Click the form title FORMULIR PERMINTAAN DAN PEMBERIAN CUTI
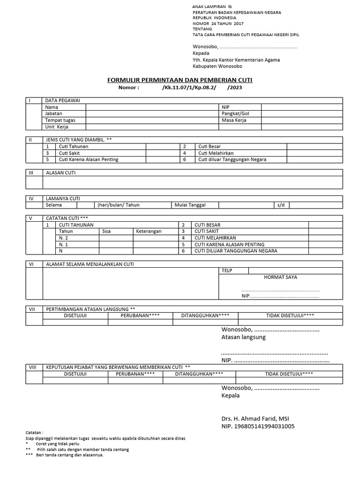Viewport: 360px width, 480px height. point(180,80)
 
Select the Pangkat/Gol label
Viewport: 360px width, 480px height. point(235,113)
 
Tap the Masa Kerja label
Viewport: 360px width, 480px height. point(234,120)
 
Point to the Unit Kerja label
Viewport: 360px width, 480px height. point(57,127)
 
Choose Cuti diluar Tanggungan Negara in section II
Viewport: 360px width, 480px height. point(232,159)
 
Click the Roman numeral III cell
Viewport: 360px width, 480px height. point(31,172)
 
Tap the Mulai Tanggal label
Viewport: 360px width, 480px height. point(190,205)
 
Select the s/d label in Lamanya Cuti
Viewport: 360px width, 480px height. point(280,205)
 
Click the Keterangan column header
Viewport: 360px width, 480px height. point(149,232)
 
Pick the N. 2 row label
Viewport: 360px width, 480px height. point(64,238)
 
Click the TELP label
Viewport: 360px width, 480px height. point(226,270)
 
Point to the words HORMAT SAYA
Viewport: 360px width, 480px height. point(280,277)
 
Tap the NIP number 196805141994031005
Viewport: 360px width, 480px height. point(258,427)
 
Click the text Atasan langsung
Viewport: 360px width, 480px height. point(243,337)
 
